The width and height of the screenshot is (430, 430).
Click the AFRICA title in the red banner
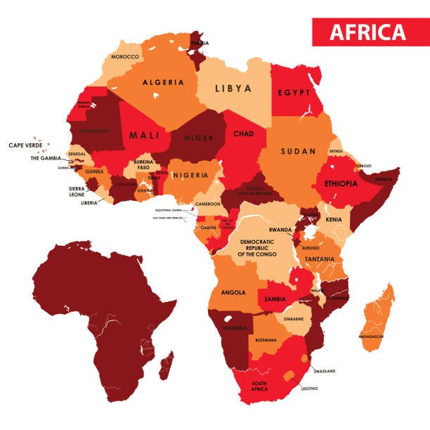367,32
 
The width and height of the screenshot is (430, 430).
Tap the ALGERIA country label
163,82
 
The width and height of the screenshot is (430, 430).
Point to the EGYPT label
294,93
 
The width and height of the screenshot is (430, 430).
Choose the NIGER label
197,138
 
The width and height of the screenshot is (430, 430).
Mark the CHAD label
243,133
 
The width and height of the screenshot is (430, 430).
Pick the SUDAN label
299,151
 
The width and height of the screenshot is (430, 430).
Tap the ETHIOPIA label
341,183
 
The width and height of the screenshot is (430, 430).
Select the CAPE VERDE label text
25,145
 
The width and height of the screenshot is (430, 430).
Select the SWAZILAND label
325,370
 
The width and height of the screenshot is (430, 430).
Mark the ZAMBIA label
275,299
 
